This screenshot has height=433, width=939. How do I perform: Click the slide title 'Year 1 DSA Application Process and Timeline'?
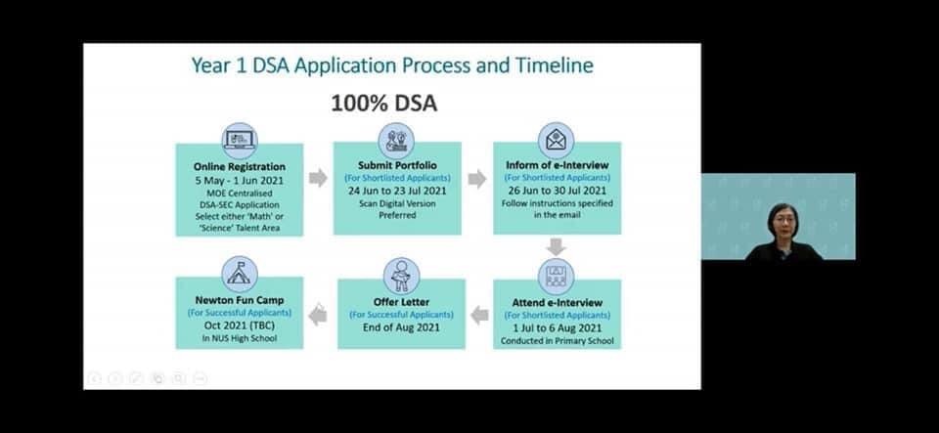[392, 65]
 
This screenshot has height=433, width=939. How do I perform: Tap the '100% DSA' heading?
[383, 104]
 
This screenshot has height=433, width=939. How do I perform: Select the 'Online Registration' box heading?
[240, 167]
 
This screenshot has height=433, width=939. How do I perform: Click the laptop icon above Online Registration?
[240, 141]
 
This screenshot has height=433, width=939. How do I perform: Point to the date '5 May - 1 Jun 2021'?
[240, 180]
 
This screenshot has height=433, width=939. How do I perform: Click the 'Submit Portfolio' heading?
[398, 165]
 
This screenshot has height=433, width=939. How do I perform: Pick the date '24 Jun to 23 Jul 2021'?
[398, 192]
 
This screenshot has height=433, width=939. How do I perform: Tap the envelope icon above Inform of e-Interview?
[556, 141]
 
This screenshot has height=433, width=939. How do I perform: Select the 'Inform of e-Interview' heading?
[557, 165]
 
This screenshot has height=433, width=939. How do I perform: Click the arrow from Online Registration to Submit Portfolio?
[318, 178]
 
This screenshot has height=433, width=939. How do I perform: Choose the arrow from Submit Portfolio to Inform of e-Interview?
[476, 178]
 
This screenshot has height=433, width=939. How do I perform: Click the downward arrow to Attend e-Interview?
[557, 246]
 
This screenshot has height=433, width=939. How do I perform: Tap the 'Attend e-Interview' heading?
[557, 303]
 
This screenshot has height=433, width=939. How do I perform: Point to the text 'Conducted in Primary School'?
[557, 341]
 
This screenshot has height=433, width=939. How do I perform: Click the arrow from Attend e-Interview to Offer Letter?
[479, 315]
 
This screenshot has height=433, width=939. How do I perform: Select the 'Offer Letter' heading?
[401, 302]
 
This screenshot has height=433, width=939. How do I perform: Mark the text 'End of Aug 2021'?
[401, 327]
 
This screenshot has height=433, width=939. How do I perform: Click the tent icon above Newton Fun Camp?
[240, 275]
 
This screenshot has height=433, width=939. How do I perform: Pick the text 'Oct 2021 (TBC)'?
[240, 325]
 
